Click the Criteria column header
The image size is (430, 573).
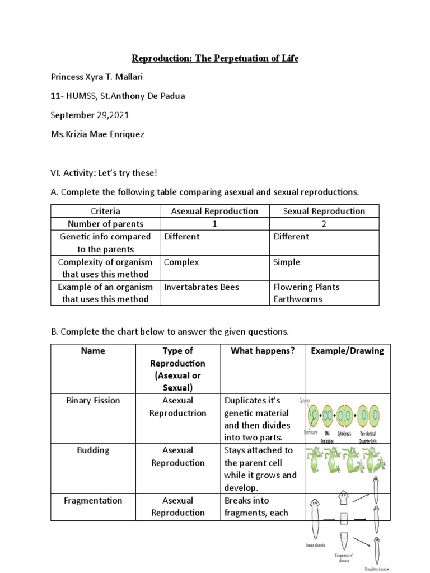coord(105,211)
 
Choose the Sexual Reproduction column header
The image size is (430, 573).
coord(324,211)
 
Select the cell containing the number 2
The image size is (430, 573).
coord(324,224)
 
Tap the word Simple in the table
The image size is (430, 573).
coord(287,262)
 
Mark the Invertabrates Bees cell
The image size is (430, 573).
coord(202,287)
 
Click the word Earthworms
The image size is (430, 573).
coord(298,299)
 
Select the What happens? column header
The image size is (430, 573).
coord(263,351)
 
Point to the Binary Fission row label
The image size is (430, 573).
coord(93,401)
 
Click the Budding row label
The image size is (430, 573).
coord(93,450)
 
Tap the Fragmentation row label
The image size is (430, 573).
coord(93,500)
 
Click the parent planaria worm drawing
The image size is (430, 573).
coord(315,518)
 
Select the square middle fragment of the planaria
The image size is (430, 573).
coord(344,518)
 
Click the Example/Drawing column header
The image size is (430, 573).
coord(347,351)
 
